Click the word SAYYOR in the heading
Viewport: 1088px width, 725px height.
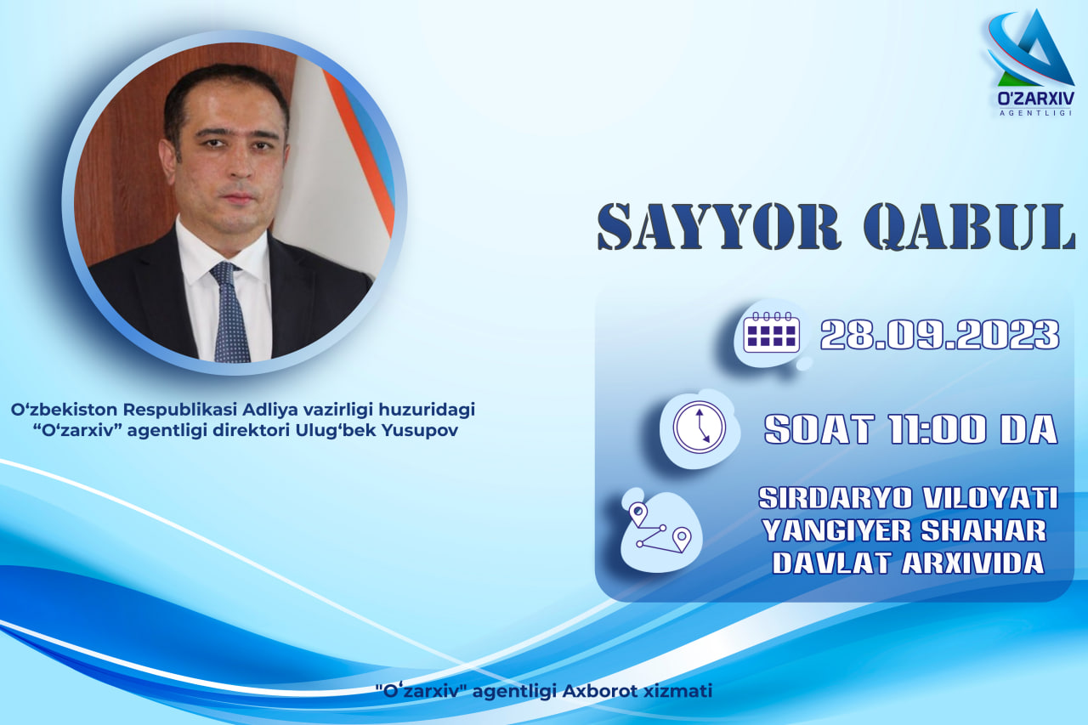click(x=720, y=227)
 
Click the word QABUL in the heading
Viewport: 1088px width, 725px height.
click(x=970, y=227)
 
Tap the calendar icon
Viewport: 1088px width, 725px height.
click(x=771, y=332)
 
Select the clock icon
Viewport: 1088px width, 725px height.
click(x=700, y=428)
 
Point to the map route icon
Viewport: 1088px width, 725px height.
click(x=660, y=528)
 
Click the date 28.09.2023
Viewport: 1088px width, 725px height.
click(x=940, y=335)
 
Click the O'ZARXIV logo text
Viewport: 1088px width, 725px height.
click(x=1035, y=99)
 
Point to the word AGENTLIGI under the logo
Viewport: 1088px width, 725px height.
click(x=1035, y=113)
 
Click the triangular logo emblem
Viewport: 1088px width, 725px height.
click(x=1031, y=48)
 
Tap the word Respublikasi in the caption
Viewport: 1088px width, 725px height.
click(x=179, y=411)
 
